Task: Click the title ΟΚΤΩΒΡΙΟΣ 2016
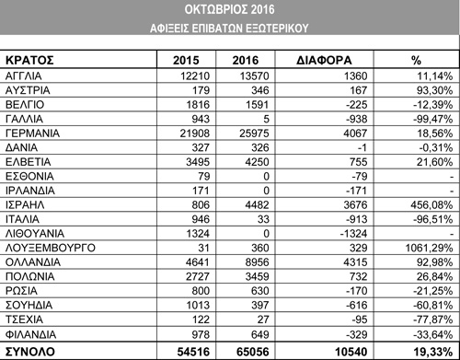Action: coord(231,9)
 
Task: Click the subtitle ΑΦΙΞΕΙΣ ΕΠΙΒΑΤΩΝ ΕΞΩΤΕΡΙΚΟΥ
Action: coord(231,28)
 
